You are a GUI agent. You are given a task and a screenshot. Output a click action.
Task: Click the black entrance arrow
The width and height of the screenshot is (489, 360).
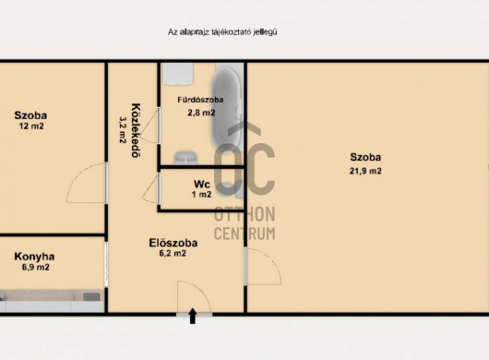[x=193, y=316]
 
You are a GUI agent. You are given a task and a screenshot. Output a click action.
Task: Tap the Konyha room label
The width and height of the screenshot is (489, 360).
[x=34, y=257]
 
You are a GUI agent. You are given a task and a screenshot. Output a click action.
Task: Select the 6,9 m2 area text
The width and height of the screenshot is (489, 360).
[x=36, y=267]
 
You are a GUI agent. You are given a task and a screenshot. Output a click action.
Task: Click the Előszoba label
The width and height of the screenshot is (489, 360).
[x=173, y=243]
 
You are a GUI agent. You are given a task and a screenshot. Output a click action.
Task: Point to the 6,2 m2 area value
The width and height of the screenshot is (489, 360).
[x=173, y=253]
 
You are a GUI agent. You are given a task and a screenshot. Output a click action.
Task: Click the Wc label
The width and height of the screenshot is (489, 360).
[x=202, y=184]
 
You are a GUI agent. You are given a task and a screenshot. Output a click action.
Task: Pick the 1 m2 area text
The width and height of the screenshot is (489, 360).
[x=201, y=195]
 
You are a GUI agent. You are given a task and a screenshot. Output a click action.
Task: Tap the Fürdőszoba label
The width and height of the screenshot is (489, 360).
[x=200, y=100]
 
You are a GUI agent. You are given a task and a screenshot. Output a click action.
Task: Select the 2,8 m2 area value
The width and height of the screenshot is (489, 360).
[x=201, y=113]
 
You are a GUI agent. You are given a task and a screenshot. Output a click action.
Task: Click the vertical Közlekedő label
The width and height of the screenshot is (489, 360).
[x=136, y=130]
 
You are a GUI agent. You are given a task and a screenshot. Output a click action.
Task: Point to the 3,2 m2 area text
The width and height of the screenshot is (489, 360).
[x=123, y=130]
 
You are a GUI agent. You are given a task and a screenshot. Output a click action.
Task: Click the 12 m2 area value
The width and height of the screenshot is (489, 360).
[x=31, y=126]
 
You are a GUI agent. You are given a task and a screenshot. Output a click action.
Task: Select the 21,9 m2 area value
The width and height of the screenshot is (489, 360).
[x=365, y=171]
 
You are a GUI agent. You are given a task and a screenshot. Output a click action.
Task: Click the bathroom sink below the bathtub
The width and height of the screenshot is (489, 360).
[x=185, y=158]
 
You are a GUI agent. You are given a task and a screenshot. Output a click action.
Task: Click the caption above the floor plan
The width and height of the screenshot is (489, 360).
[x=222, y=32]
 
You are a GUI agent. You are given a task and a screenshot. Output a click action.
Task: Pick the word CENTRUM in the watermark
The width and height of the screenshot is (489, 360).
[x=244, y=234]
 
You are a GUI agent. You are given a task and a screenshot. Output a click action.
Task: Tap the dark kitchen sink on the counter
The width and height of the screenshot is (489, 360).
[x=91, y=296]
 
